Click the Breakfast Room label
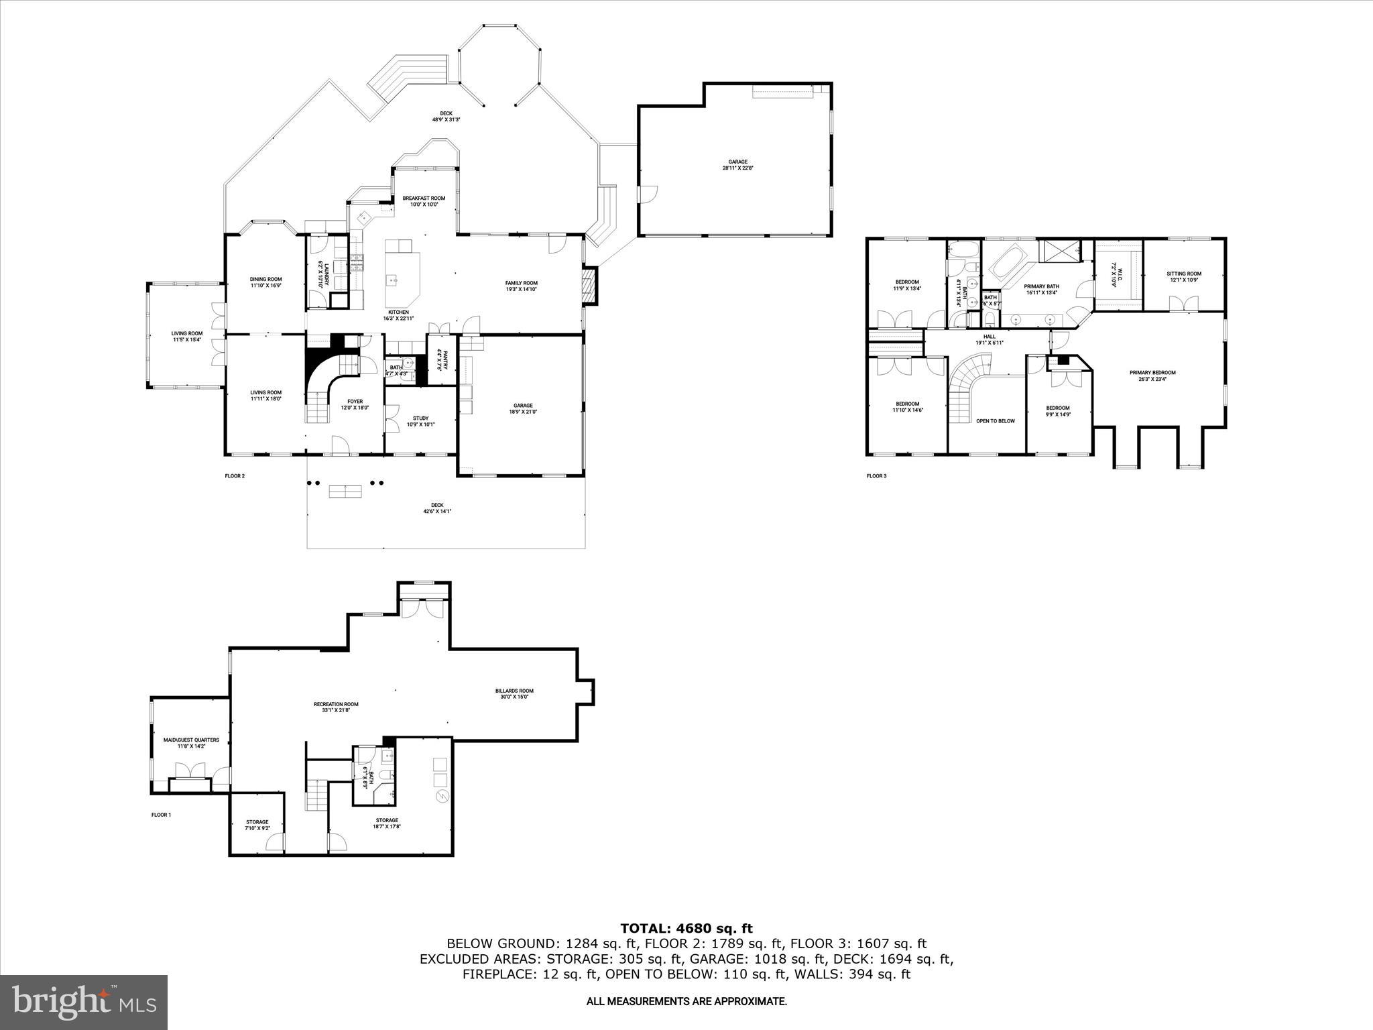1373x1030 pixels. coord(424,201)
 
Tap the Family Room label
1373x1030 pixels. coord(521,286)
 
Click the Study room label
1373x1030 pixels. coord(420,421)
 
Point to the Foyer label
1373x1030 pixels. coord(355,404)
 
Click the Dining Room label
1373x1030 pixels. coord(265,282)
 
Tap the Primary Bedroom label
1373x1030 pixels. coord(1152,376)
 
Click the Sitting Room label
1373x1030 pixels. coord(1183,277)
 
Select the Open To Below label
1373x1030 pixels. coord(995,421)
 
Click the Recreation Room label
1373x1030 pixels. coord(336,707)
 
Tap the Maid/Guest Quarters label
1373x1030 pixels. coord(191,743)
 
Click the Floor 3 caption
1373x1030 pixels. coord(876,476)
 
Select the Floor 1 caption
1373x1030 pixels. coord(161,815)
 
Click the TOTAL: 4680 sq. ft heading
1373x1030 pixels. coord(686,929)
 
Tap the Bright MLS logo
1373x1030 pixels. coord(84,1003)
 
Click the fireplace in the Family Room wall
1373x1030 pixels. coord(588,286)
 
